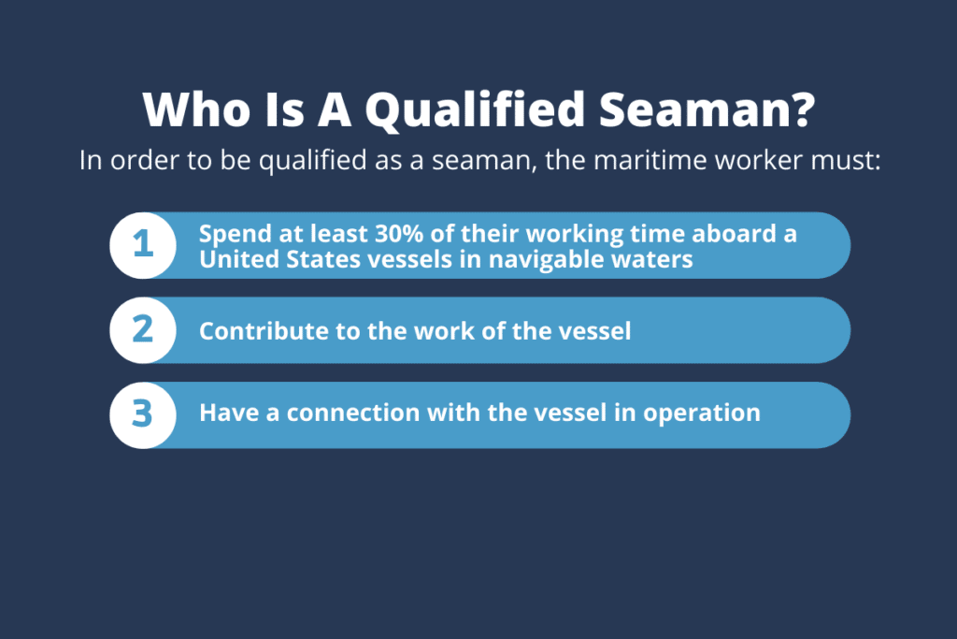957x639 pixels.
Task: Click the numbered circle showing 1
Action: [x=143, y=245]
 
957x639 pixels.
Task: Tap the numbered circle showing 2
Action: [x=143, y=330]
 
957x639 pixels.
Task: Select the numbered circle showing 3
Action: [x=143, y=415]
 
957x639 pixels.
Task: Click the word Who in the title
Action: [x=196, y=110]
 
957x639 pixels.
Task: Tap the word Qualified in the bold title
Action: [x=476, y=111]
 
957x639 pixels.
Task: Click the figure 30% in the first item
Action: [x=399, y=233]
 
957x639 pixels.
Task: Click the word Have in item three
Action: [x=229, y=413]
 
